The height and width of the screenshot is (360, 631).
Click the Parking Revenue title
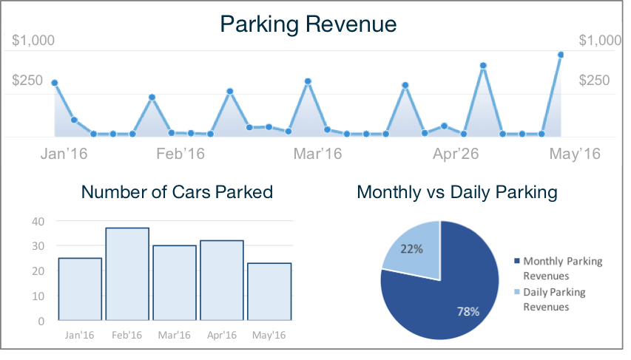pyautogui.click(x=308, y=24)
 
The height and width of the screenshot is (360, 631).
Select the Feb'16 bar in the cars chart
pyautogui.click(x=127, y=274)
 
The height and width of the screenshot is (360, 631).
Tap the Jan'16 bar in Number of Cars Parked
pyautogui.click(x=80, y=289)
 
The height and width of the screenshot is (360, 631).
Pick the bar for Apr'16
pyautogui.click(x=222, y=280)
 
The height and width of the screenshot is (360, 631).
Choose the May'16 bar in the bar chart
pyautogui.click(x=269, y=292)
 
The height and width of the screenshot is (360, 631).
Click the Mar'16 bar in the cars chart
pyautogui.click(x=175, y=283)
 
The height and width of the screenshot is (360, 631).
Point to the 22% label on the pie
pyautogui.click(x=412, y=249)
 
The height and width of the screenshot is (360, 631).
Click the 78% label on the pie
pyautogui.click(x=468, y=311)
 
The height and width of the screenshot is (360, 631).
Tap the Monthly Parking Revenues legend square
pyautogui.click(x=516, y=261)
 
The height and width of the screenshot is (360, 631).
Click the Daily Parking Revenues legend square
pyautogui.click(x=516, y=292)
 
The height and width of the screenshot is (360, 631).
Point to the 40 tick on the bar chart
pyautogui.click(x=38, y=221)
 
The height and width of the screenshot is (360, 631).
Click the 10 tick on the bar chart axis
pyautogui.click(x=38, y=296)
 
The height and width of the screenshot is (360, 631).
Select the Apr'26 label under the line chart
pyautogui.click(x=456, y=154)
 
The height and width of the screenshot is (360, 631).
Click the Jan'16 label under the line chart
pyautogui.click(x=64, y=154)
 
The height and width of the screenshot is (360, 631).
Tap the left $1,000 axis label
pyautogui.click(x=33, y=41)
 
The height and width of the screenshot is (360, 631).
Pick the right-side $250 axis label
pyautogui.click(x=594, y=81)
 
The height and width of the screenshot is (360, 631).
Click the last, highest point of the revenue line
pyautogui.click(x=561, y=55)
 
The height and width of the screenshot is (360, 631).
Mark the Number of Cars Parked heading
pyautogui.click(x=177, y=192)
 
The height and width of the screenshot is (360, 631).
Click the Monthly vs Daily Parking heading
pyautogui.click(x=456, y=192)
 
